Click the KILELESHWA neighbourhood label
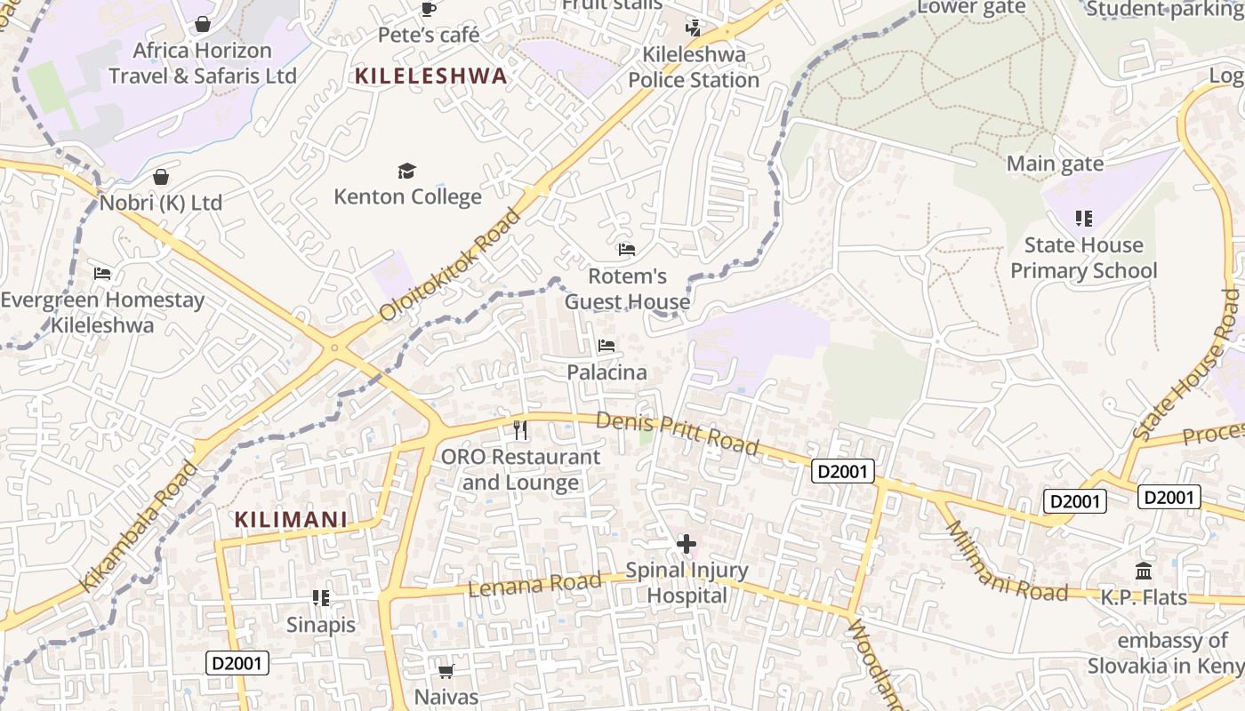[x=430, y=76]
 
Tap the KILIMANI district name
[x=290, y=520]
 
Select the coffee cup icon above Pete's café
[x=428, y=10]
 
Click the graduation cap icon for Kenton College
[x=406, y=171]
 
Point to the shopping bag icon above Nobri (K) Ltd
[x=160, y=178]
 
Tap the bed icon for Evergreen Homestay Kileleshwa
[x=102, y=274]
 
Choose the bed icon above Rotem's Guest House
[x=627, y=250]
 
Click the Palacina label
[x=606, y=372]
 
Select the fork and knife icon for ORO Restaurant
[x=520, y=430]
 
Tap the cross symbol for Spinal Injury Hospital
[x=686, y=542]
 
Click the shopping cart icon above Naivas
[x=446, y=671]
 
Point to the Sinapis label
[x=320, y=625]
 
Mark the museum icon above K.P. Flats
[x=1144, y=571]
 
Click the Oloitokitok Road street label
[x=450, y=265]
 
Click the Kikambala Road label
[x=139, y=526]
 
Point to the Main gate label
[x=1055, y=164]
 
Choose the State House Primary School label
[x=1083, y=258]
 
